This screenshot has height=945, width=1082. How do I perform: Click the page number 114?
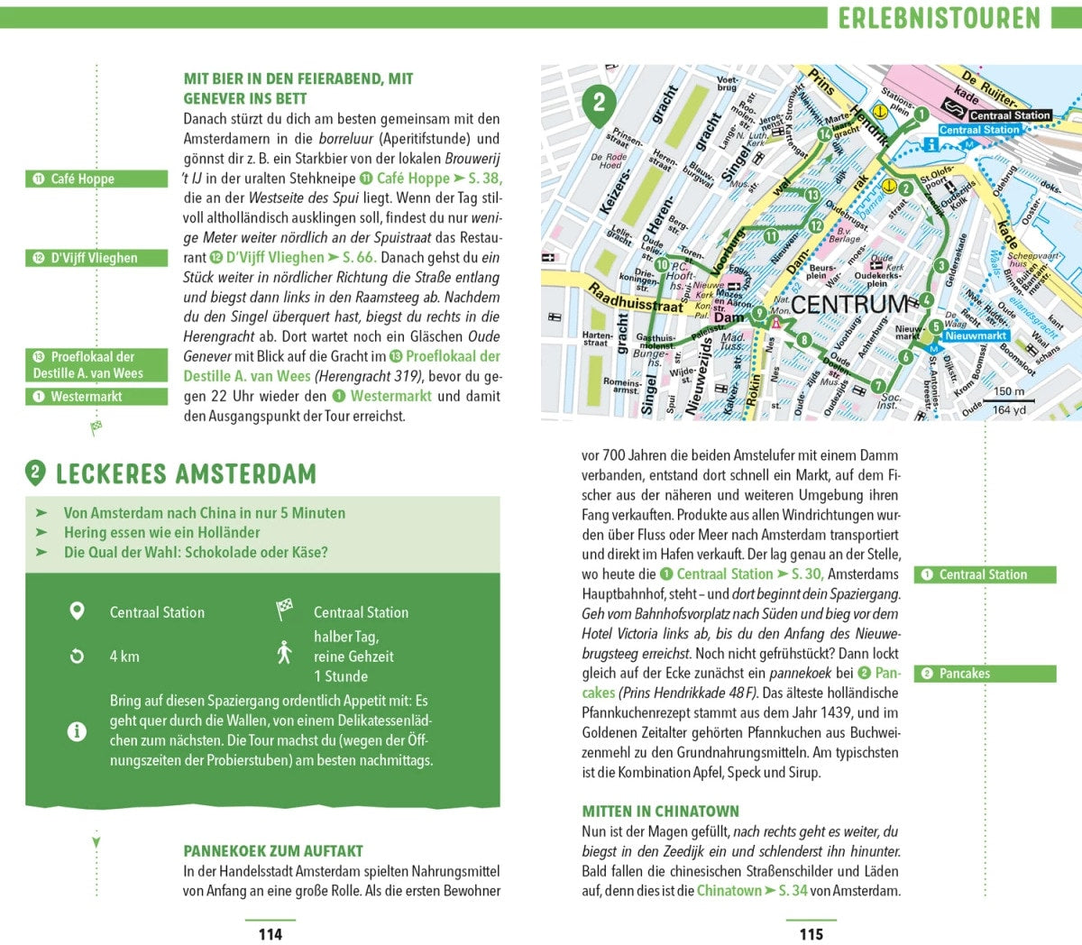[x=270, y=933]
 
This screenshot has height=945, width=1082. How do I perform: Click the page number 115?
[x=811, y=933]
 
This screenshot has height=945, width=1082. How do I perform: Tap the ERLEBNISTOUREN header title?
[x=939, y=18]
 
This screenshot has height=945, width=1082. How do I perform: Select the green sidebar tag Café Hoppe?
[x=96, y=179]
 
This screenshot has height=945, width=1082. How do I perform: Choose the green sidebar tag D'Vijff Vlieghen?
[x=96, y=258]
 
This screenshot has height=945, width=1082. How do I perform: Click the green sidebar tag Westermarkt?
[x=96, y=397]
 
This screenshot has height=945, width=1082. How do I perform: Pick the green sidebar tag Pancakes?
[x=985, y=674]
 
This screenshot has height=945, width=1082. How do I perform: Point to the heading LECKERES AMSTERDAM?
[x=186, y=473]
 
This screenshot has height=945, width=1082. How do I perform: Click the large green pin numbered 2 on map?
[x=600, y=102]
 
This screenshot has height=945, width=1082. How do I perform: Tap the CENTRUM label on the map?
[x=849, y=305]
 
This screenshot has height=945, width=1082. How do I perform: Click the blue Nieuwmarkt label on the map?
[x=976, y=335]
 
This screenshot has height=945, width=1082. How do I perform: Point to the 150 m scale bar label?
[x=1009, y=391]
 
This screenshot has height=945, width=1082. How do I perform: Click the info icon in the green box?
[x=78, y=730]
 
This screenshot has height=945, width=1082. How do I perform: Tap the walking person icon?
[x=285, y=652]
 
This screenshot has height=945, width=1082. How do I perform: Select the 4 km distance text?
[x=124, y=656]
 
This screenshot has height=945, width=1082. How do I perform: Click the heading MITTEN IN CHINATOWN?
[x=660, y=811]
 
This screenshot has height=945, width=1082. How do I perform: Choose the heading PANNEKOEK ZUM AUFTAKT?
[x=273, y=850]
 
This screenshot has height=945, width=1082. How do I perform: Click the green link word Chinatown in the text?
[x=729, y=891]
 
